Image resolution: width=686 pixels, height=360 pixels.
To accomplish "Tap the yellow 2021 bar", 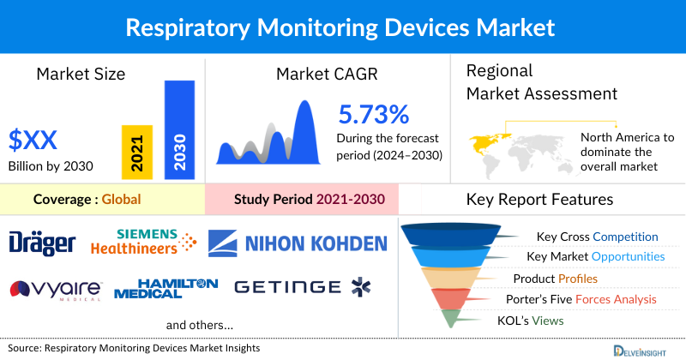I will (137, 152).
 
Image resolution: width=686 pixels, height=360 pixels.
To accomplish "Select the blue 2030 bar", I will (178, 129).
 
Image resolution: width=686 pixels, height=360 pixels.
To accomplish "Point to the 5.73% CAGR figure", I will (373, 115).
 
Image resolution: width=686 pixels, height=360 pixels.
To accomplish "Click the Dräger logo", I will (43, 244).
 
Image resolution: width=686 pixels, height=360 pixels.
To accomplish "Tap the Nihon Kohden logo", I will (298, 243).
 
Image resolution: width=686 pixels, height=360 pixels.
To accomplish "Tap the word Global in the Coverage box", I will (121, 200).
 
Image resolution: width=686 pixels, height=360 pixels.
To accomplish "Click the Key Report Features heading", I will (539, 200).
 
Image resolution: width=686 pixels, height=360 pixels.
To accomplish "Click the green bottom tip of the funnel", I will (452, 319).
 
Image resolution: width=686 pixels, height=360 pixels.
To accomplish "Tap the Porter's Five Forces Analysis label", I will (582, 299).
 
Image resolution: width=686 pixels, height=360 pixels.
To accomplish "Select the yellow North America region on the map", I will (487, 141).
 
